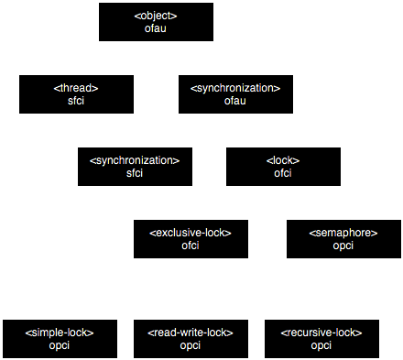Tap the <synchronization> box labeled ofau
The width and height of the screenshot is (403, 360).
[x=235, y=93]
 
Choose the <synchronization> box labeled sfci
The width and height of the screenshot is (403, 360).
[x=136, y=166]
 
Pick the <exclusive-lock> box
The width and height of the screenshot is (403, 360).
[x=191, y=238]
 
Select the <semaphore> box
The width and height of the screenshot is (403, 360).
[x=343, y=238]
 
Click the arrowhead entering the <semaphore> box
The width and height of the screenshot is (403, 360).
[x=343, y=215]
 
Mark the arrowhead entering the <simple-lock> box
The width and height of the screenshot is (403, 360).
[x=60, y=314]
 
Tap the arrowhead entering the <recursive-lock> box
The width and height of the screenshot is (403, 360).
[x=321, y=314]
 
